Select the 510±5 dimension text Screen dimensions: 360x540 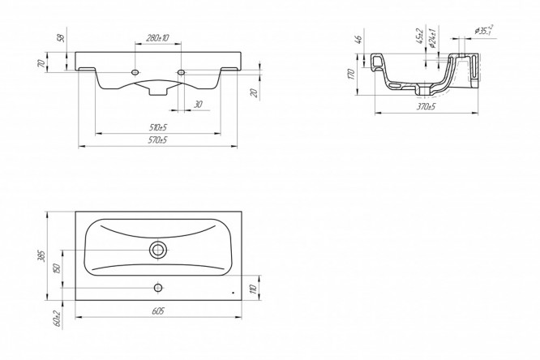157,127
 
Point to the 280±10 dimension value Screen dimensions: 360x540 158,39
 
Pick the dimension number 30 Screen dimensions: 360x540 197,104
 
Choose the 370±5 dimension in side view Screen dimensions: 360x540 426,105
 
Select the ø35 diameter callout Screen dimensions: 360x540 486,32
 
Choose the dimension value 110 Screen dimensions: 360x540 254,288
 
